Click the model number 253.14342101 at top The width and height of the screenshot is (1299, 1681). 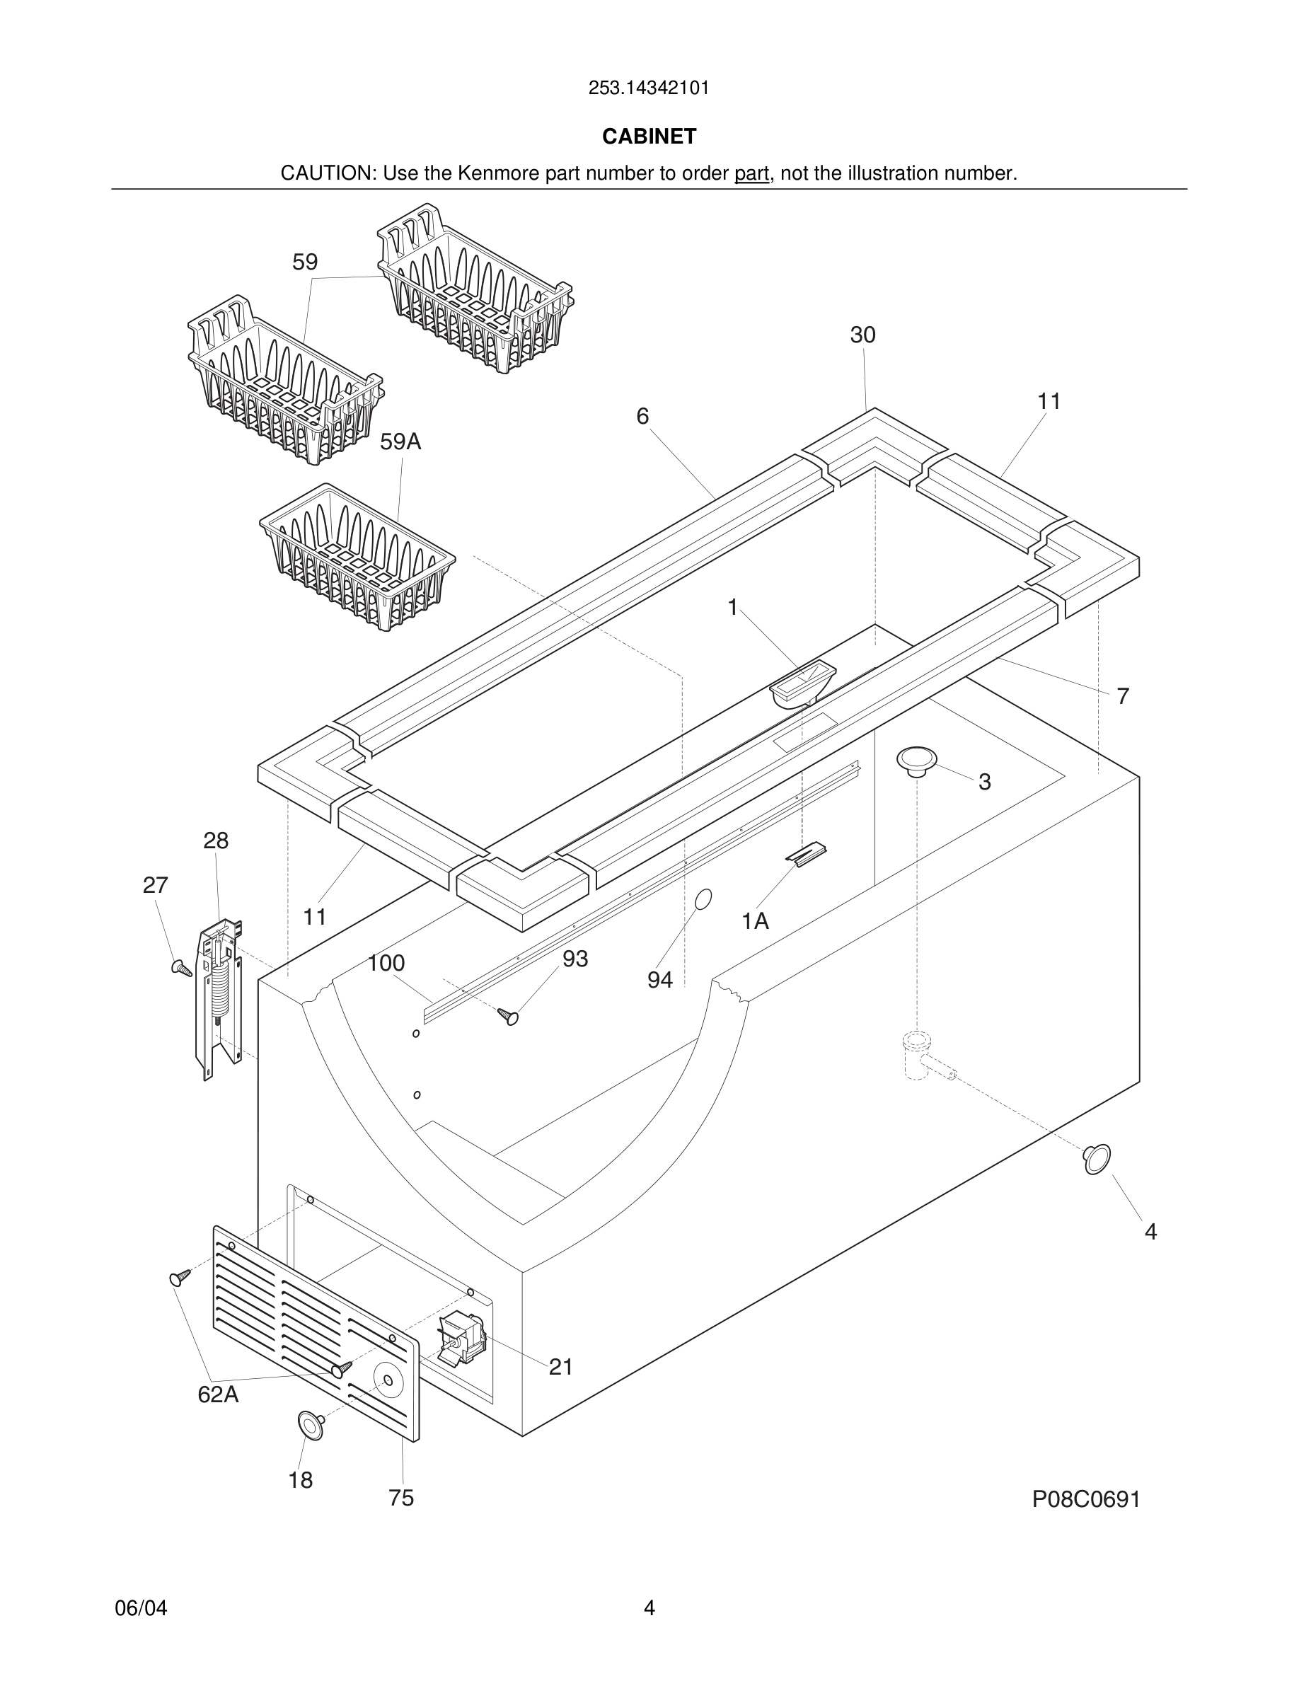(x=649, y=88)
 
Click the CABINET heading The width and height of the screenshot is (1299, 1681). (x=649, y=137)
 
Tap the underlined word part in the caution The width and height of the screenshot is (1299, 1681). (x=751, y=174)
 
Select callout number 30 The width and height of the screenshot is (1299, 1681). (x=862, y=335)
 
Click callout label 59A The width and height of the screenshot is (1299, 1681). (x=400, y=441)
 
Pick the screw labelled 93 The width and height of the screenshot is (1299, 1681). (x=509, y=1017)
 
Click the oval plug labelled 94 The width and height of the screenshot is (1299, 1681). (x=703, y=899)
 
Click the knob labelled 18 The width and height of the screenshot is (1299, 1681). (x=310, y=1425)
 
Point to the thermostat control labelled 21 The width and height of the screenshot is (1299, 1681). (x=462, y=1340)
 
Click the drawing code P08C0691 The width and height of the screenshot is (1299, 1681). (x=1086, y=1498)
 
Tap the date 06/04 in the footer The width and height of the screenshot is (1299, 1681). (x=141, y=1608)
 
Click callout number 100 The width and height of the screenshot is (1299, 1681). (x=386, y=963)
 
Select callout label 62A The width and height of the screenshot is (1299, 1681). (x=218, y=1394)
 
